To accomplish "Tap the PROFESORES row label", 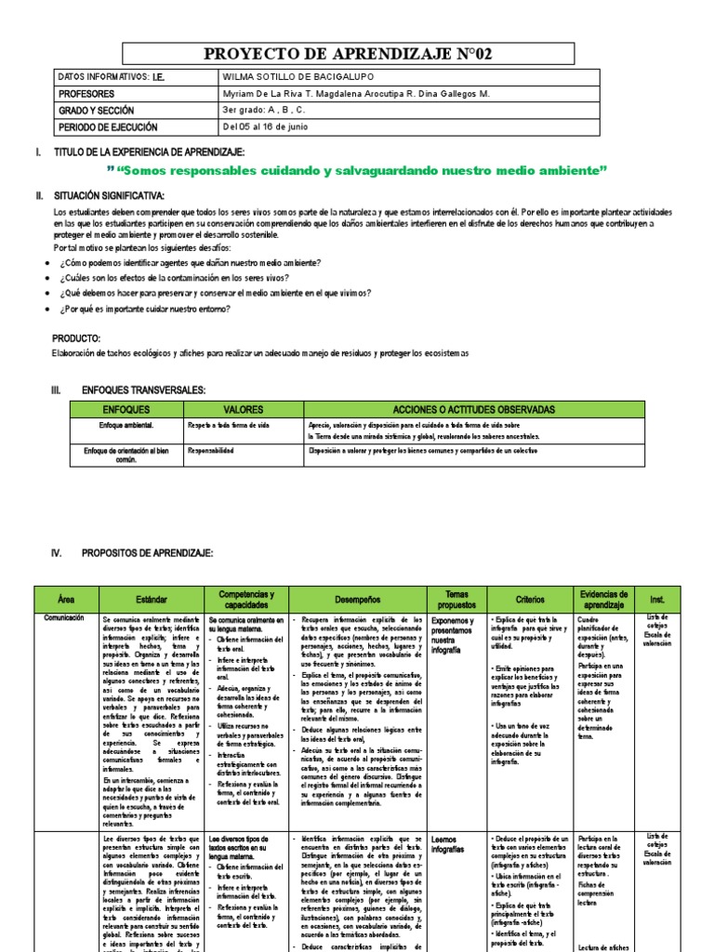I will point(86,95).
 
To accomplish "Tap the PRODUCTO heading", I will point(76,338).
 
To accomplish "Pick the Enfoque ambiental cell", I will point(126,424).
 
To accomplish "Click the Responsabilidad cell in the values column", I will point(210,450).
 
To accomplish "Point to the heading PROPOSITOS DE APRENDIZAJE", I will point(147,553).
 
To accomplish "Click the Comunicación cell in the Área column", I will point(64,618).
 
